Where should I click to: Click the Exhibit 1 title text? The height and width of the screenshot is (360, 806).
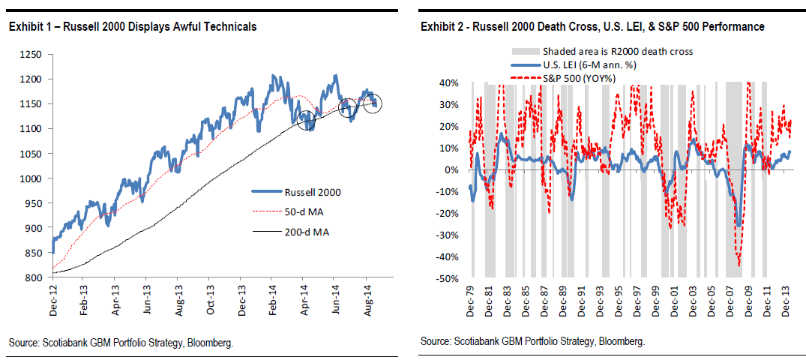133,27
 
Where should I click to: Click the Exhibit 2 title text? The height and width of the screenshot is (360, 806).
592,27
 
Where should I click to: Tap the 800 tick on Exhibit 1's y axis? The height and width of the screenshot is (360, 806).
31,278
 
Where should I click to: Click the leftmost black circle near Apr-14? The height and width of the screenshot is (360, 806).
307,118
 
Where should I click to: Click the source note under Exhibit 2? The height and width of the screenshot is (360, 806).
533,341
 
